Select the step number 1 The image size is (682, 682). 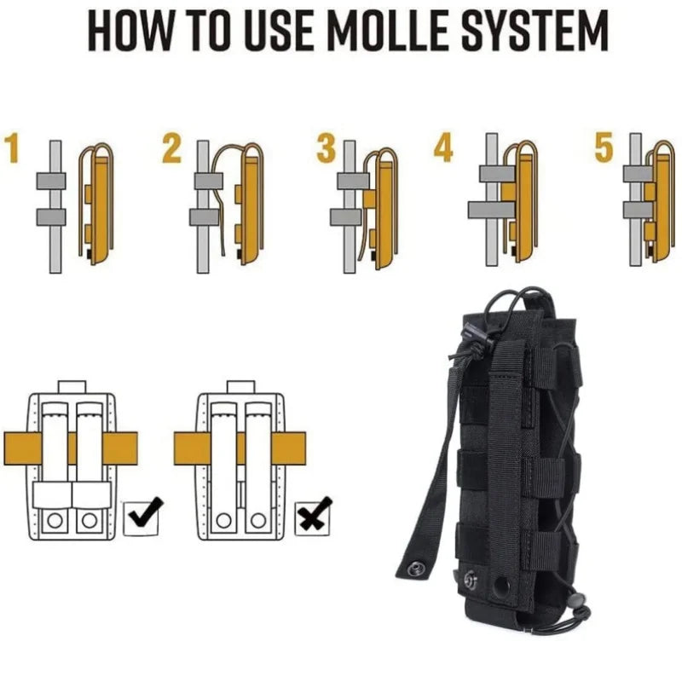13,148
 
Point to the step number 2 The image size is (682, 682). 172,148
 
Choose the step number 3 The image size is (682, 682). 327,148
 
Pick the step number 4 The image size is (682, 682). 443,147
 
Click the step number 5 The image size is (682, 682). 604,147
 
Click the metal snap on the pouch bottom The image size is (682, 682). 471,579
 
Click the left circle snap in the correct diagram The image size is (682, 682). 55,520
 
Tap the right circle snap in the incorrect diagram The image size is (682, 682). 258,520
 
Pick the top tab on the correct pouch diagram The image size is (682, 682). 72,387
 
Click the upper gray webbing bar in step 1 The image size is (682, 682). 51,181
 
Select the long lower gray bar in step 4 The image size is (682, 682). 492,210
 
